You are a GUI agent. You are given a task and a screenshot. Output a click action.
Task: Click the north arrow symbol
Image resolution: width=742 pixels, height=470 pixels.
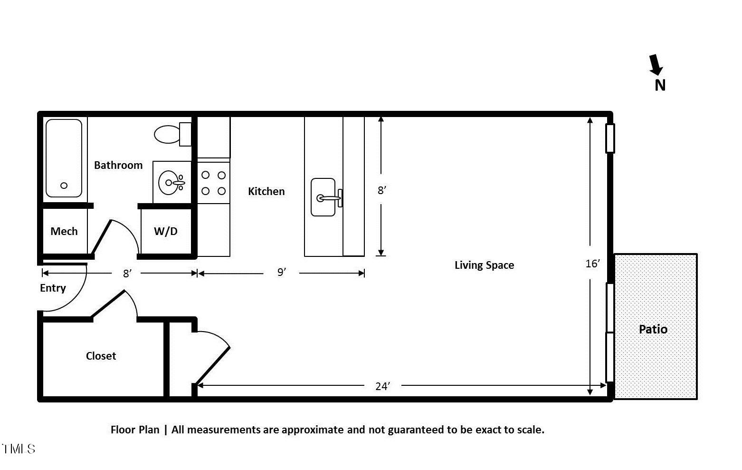656,65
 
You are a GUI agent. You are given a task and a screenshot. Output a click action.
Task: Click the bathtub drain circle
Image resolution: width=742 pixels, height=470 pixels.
64,186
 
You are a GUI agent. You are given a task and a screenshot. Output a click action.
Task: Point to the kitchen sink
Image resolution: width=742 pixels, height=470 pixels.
323,197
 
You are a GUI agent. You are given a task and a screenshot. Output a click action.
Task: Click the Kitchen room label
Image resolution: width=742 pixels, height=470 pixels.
266,191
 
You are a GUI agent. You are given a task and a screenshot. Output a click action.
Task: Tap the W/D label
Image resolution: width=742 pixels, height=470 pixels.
166,231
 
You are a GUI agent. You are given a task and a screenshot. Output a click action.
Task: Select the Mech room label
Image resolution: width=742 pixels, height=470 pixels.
64,231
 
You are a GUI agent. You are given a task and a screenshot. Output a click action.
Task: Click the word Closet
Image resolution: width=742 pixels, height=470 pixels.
101,356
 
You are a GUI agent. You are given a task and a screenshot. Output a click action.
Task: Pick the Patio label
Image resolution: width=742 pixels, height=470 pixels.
653,329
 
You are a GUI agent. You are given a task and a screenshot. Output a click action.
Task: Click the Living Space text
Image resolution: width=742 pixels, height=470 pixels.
484,265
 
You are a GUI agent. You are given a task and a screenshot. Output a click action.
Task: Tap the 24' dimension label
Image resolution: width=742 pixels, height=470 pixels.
382,386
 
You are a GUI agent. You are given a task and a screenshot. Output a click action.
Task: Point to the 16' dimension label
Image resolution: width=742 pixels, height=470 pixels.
592,264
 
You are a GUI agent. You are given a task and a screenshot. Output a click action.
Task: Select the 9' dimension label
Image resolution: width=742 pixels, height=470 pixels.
282,272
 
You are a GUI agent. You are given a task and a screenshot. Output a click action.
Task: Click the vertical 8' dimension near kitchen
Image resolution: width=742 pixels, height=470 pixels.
381,190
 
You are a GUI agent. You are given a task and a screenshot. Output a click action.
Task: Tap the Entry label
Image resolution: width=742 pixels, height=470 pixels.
53,288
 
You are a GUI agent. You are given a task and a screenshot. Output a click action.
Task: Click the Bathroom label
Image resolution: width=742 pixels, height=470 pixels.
118,165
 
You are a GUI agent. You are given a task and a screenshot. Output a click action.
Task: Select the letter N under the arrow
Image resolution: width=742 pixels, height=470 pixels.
660,85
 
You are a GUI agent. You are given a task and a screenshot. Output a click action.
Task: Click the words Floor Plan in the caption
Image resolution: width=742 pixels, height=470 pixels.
135,430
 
